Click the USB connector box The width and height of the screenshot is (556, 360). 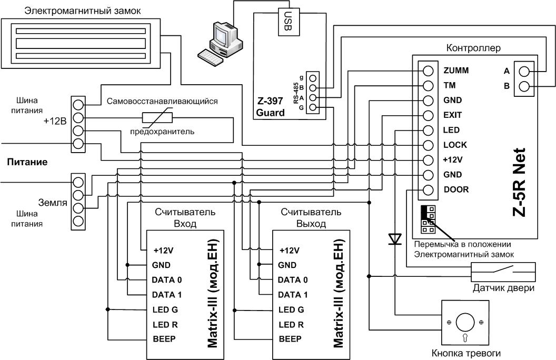pos(289,22)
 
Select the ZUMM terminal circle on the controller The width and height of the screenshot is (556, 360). pos(429,71)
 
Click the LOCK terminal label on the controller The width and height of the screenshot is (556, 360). pos(455,145)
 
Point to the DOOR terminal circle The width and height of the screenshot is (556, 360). pos(429,190)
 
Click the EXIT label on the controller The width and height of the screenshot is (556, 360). pos(452,115)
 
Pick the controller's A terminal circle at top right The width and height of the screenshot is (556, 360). pos(524,72)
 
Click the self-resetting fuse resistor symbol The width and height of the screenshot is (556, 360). pos(157,118)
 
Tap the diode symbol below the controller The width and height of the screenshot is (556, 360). pos(395,239)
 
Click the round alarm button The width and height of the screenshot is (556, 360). pos(465,323)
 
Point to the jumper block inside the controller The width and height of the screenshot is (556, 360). pos(428,219)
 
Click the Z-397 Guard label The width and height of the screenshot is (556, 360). pos(270,107)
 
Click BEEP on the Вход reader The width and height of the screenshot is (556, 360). pos(164,339)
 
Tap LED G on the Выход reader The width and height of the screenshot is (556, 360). pos(291,309)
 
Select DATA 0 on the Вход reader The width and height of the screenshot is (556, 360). pos(167,280)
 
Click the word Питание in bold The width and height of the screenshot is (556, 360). pos(27,162)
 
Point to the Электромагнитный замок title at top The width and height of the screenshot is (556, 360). pos(82,11)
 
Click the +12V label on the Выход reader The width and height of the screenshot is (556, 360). pos(290,251)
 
